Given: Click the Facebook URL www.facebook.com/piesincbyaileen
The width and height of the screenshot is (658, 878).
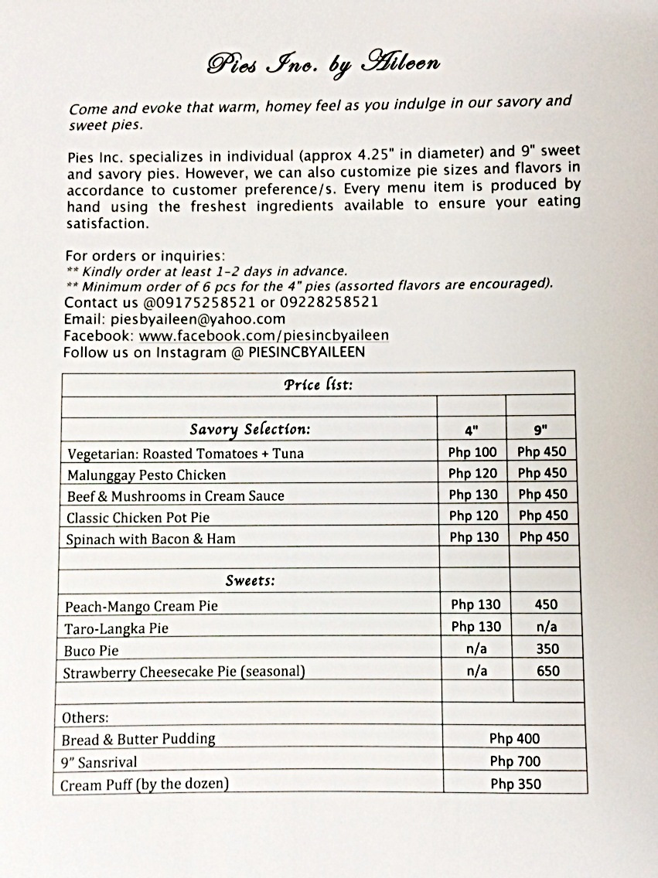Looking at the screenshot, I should pyautogui.click(x=264, y=335).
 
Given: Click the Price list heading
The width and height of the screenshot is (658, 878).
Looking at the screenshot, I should pyautogui.click(x=318, y=384).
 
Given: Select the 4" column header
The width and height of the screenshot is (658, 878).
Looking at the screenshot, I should pyautogui.click(x=472, y=430).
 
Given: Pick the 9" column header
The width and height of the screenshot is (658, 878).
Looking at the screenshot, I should pyautogui.click(x=540, y=430).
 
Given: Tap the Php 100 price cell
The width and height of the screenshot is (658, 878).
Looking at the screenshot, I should pyautogui.click(x=472, y=451).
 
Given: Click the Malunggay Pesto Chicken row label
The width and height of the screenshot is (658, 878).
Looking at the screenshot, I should pyautogui.click(x=146, y=475).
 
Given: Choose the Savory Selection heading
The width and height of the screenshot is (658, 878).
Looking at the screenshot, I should pyautogui.click(x=250, y=429).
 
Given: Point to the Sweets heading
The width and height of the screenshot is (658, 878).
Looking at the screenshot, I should pyautogui.click(x=251, y=580).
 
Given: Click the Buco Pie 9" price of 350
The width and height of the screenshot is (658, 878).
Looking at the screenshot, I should pyautogui.click(x=547, y=649).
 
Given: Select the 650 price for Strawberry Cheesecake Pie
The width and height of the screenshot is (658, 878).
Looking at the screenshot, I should pyautogui.click(x=547, y=671).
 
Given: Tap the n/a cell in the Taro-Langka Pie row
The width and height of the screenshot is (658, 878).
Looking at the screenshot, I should pyautogui.click(x=547, y=627).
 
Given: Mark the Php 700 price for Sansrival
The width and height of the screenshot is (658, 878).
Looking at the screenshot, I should pyautogui.click(x=515, y=761).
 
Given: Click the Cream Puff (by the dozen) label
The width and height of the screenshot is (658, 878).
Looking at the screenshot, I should pyautogui.click(x=145, y=784).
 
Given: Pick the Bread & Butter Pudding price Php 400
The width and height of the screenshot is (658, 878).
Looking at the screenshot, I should pyautogui.click(x=515, y=739).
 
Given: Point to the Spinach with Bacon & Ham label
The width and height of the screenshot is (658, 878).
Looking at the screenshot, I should pyautogui.click(x=151, y=539).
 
